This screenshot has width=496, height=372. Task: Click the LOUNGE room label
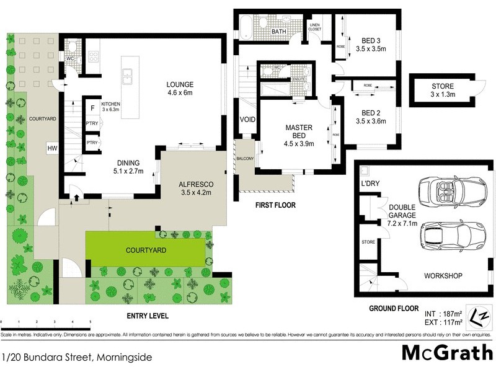pos(180,85)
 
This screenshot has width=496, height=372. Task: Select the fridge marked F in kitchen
pos(92,108)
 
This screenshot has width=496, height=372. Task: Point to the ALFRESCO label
pos(196,184)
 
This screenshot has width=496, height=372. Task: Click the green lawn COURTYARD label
pos(144,250)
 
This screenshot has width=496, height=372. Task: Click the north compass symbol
pos(477,316)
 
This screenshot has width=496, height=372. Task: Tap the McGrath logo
pos(445,352)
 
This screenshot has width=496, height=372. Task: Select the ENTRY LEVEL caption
pos(148,316)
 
